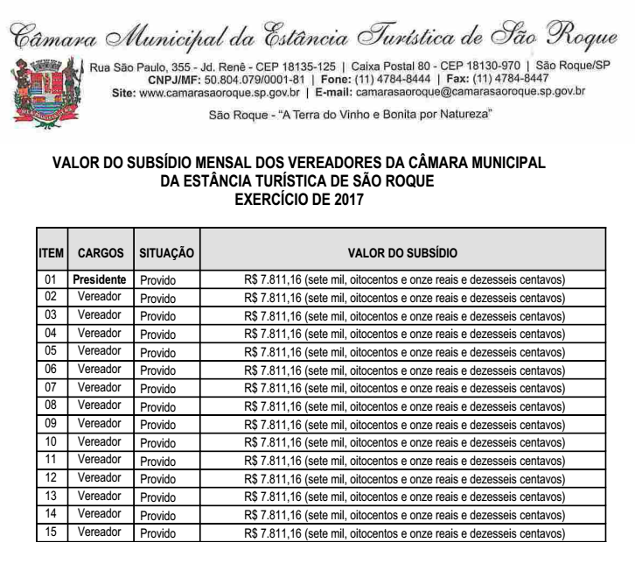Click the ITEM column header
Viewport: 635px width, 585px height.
point(51,252)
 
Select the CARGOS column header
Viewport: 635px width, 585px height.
point(100,252)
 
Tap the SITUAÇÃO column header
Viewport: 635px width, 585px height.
point(166,252)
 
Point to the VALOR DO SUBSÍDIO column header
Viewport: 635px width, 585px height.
point(402,252)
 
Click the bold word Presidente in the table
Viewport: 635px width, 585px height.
point(100,280)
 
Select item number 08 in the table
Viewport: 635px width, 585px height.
point(51,405)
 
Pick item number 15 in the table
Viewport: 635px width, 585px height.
point(51,532)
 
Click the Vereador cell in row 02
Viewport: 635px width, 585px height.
point(100,298)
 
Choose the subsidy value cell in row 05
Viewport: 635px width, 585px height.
point(404,352)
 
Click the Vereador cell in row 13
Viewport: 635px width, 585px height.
point(100,496)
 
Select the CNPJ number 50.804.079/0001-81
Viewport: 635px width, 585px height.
point(245,78)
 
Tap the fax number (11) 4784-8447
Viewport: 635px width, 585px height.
point(511,78)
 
